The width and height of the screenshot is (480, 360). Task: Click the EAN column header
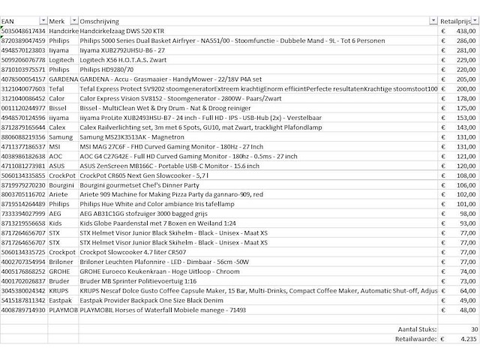point(9,19)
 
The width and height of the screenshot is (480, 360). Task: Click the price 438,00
point(466,31)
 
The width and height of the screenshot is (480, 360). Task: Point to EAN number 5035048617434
point(24,31)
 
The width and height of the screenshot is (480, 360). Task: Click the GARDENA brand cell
point(62,78)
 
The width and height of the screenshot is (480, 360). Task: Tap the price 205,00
point(466,78)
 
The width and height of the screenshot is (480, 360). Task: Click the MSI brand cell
point(56,146)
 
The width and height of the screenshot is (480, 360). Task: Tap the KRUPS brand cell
point(60,291)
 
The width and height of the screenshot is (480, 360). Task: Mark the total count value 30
point(473,329)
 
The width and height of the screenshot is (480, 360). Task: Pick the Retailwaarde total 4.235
point(468,339)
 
